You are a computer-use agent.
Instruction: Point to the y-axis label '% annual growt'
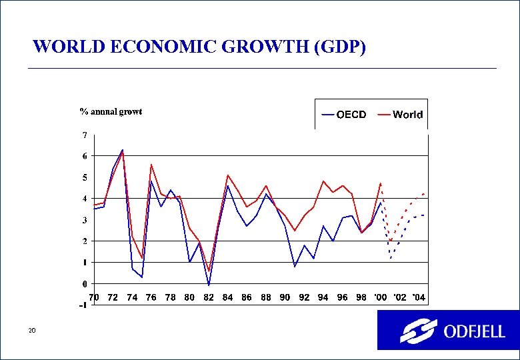click(x=111, y=111)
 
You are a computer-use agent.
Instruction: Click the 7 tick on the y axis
click(x=84, y=135)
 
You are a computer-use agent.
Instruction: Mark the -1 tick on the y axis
click(x=83, y=305)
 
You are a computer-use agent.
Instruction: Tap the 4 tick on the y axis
click(x=84, y=199)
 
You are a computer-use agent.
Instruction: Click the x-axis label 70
click(x=94, y=297)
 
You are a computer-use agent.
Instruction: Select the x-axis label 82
click(x=209, y=297)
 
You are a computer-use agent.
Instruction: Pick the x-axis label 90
click(x=285, y=297)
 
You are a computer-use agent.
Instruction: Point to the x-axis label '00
click(x=380, y=297)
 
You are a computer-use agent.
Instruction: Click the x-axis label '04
click(x=418, y=297)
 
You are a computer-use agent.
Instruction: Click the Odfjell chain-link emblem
click(x=418, y=331)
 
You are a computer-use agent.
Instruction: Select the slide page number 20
click(x=32, y=331)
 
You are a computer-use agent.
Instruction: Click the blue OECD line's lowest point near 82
click(x=209, y=285)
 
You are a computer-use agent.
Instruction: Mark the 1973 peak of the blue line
click(x=122, y=150)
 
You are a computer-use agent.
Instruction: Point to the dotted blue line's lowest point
click(x=391, y=258)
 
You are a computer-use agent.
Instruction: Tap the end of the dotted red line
click(x=424, y=194)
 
